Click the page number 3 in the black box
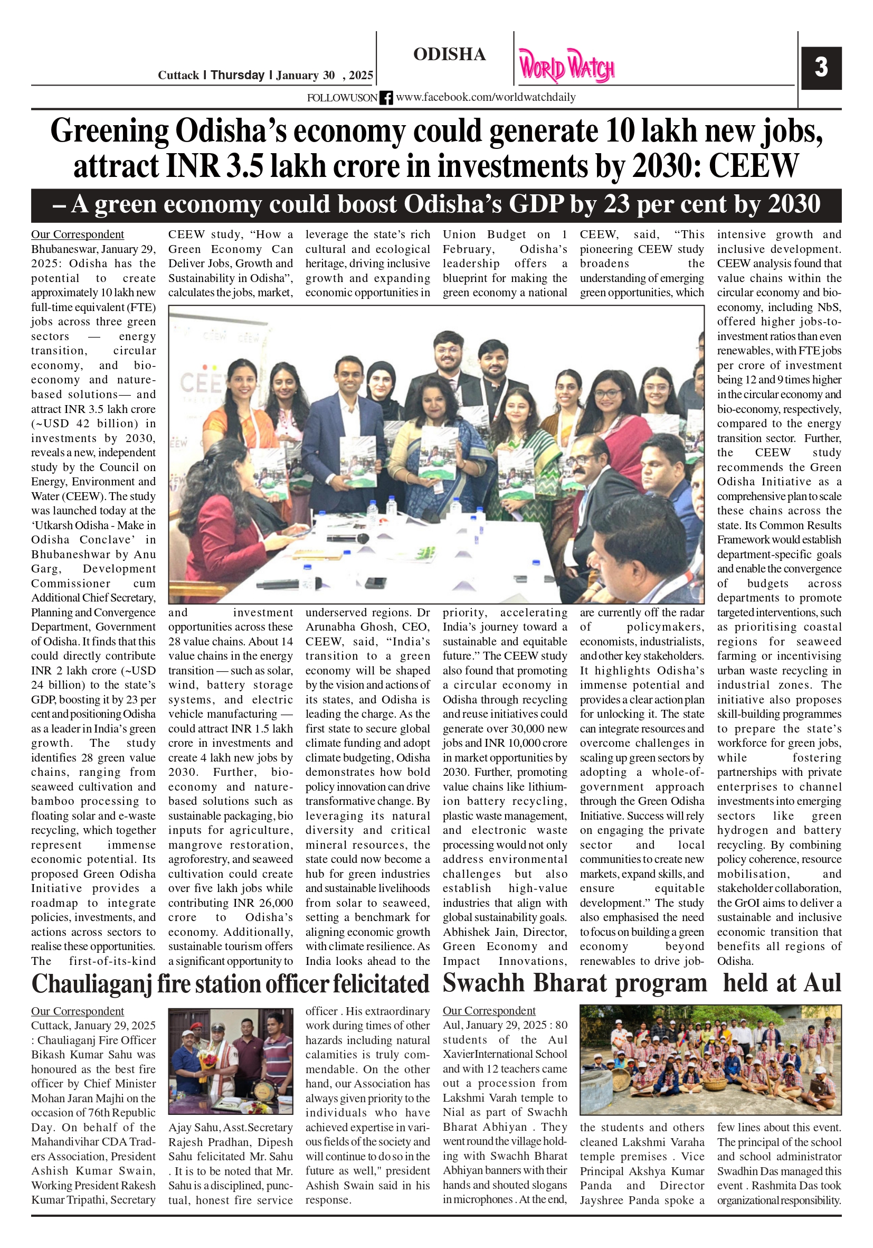(x=821, y=68)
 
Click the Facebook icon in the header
(x=386, y=98)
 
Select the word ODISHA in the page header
(x=449, y=54)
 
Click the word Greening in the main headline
(x=110, y=132)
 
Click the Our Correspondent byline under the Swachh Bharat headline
(x=489, y=1010)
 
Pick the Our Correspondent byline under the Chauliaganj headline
(x=77, y=1011)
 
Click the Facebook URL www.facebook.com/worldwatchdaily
(x=486, y=97)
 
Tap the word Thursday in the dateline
(x=238, y=75)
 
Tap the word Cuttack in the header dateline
(x=178, y=75)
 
